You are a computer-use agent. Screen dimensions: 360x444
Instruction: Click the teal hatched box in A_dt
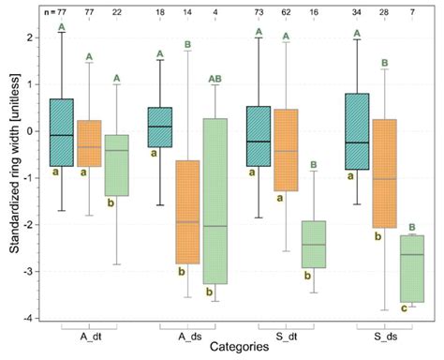pyautogui.click(x=62, y=132)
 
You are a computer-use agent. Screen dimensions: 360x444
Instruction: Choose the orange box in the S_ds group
pyautogui.click(x=385, y=173)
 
